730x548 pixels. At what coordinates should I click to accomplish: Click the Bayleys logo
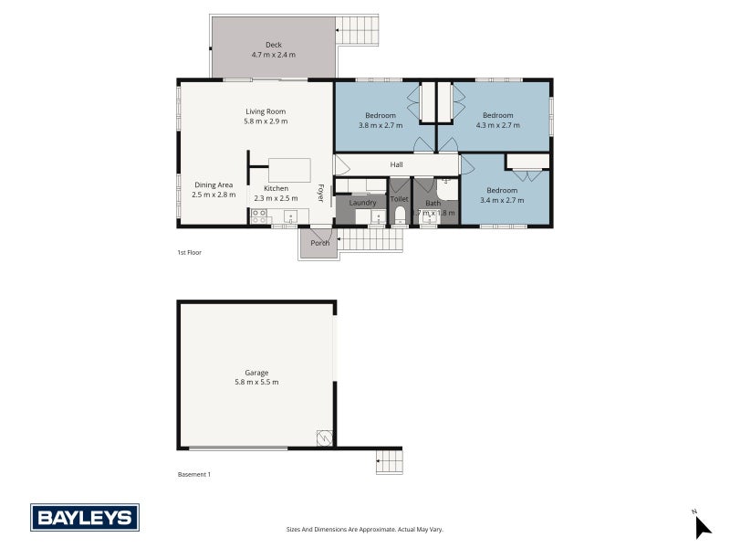(85, 518)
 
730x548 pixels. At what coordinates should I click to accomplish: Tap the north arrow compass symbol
(702, 527)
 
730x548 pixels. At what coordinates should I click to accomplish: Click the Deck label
(274, 45)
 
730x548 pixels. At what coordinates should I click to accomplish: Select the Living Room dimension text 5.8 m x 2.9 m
(266, 121)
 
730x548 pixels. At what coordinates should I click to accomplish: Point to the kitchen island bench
(289, 171)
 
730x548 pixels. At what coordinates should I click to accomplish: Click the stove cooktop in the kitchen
(259, 217)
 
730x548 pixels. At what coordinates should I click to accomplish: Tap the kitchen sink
(290, 217)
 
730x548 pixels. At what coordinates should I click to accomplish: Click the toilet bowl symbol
(400, 216)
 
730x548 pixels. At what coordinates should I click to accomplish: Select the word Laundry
(362, 203)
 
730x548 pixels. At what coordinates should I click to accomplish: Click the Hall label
(397, 164)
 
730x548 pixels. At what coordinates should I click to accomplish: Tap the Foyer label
(321, 193)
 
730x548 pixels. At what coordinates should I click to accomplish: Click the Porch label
(319, 243)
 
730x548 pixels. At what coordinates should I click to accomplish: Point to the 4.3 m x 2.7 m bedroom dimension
(497, 125)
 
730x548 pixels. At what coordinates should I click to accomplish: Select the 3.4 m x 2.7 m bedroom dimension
(502, 200)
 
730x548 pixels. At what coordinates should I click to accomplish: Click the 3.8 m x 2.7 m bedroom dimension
(381, 125)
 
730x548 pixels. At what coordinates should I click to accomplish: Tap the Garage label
(256, 373)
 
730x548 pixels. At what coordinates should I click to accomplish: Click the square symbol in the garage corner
(324, 437)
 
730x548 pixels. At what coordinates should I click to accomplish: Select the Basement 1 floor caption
(194, 474)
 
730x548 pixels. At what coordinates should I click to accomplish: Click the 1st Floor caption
(189, 252)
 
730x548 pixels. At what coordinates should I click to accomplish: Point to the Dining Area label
(214, 184)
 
